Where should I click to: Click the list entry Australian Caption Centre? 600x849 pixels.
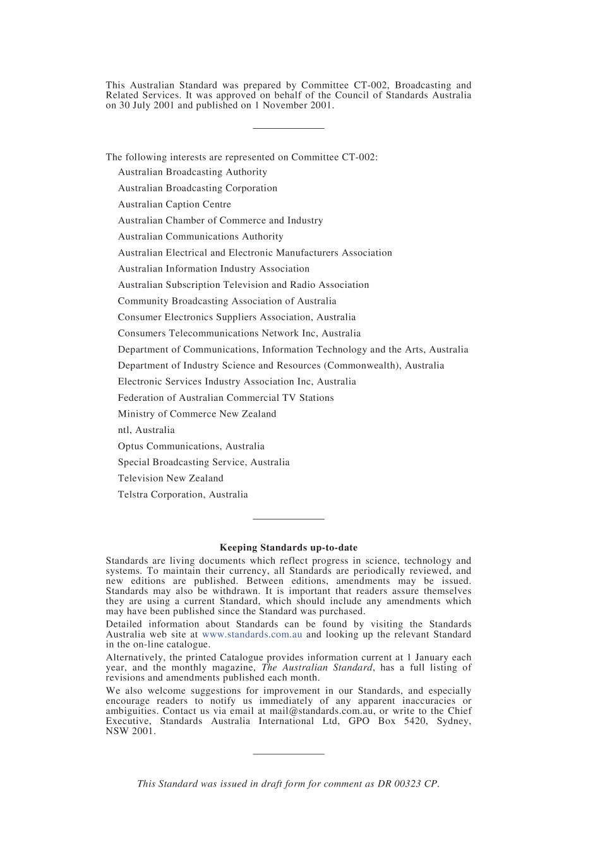click(174, 205)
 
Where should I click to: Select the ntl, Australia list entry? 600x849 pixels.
click(146, 430)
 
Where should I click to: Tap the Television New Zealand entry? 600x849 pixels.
click(171, 478)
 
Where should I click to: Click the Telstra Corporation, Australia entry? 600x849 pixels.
click(183, 495)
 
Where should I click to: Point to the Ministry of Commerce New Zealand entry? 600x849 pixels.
click(197, 414)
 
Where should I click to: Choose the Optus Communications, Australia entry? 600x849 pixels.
click(191, 446)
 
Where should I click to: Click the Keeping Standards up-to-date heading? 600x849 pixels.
click(288, 548)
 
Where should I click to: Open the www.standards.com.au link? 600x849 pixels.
click(252, 634)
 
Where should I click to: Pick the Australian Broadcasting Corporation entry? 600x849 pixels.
click(197, 188)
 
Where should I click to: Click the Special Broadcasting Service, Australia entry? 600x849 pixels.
click(203, 463)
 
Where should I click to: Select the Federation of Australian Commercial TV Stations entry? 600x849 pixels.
click(225, 398)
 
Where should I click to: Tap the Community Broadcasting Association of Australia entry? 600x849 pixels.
click(227, 301)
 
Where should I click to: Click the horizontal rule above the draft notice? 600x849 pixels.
click(288, 754)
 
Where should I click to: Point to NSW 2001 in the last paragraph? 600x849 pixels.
click(130, 732)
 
